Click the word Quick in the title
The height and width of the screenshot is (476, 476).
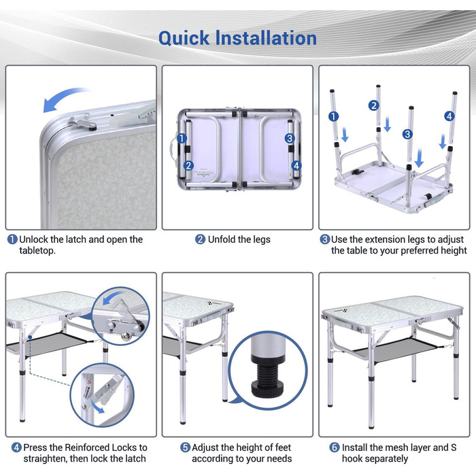pyautogui.click(x=184, y=39)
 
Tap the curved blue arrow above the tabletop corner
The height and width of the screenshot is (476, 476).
pyautogui.click(x=65, y=99)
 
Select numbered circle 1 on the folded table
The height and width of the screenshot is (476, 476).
pyautogui.click(x=182, y=139)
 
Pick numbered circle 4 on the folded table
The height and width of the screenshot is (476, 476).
pyautogui.click(x=296, y=166)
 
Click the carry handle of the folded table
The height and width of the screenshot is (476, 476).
pyautogui.click(x=173, y=150)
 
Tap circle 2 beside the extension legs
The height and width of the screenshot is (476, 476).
pyautogui.click(x=374, y=105)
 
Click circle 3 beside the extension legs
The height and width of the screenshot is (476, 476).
pyautogui.click(x=407, y=134)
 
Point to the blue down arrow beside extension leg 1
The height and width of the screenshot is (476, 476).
pyautogui.click(x=345, y=135)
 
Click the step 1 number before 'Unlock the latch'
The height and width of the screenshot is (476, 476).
pyautogui.click(x=12, y=239)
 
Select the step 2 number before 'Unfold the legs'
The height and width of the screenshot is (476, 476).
pyautogui.click(x=200, y=239)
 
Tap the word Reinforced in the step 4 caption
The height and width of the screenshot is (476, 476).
pyautogui.click(x=87, y=447)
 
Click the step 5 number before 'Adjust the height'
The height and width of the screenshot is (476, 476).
pyautogui.click(x=185, y=447)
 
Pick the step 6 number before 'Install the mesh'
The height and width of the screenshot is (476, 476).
pyautogui.click(x=335, y=447)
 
